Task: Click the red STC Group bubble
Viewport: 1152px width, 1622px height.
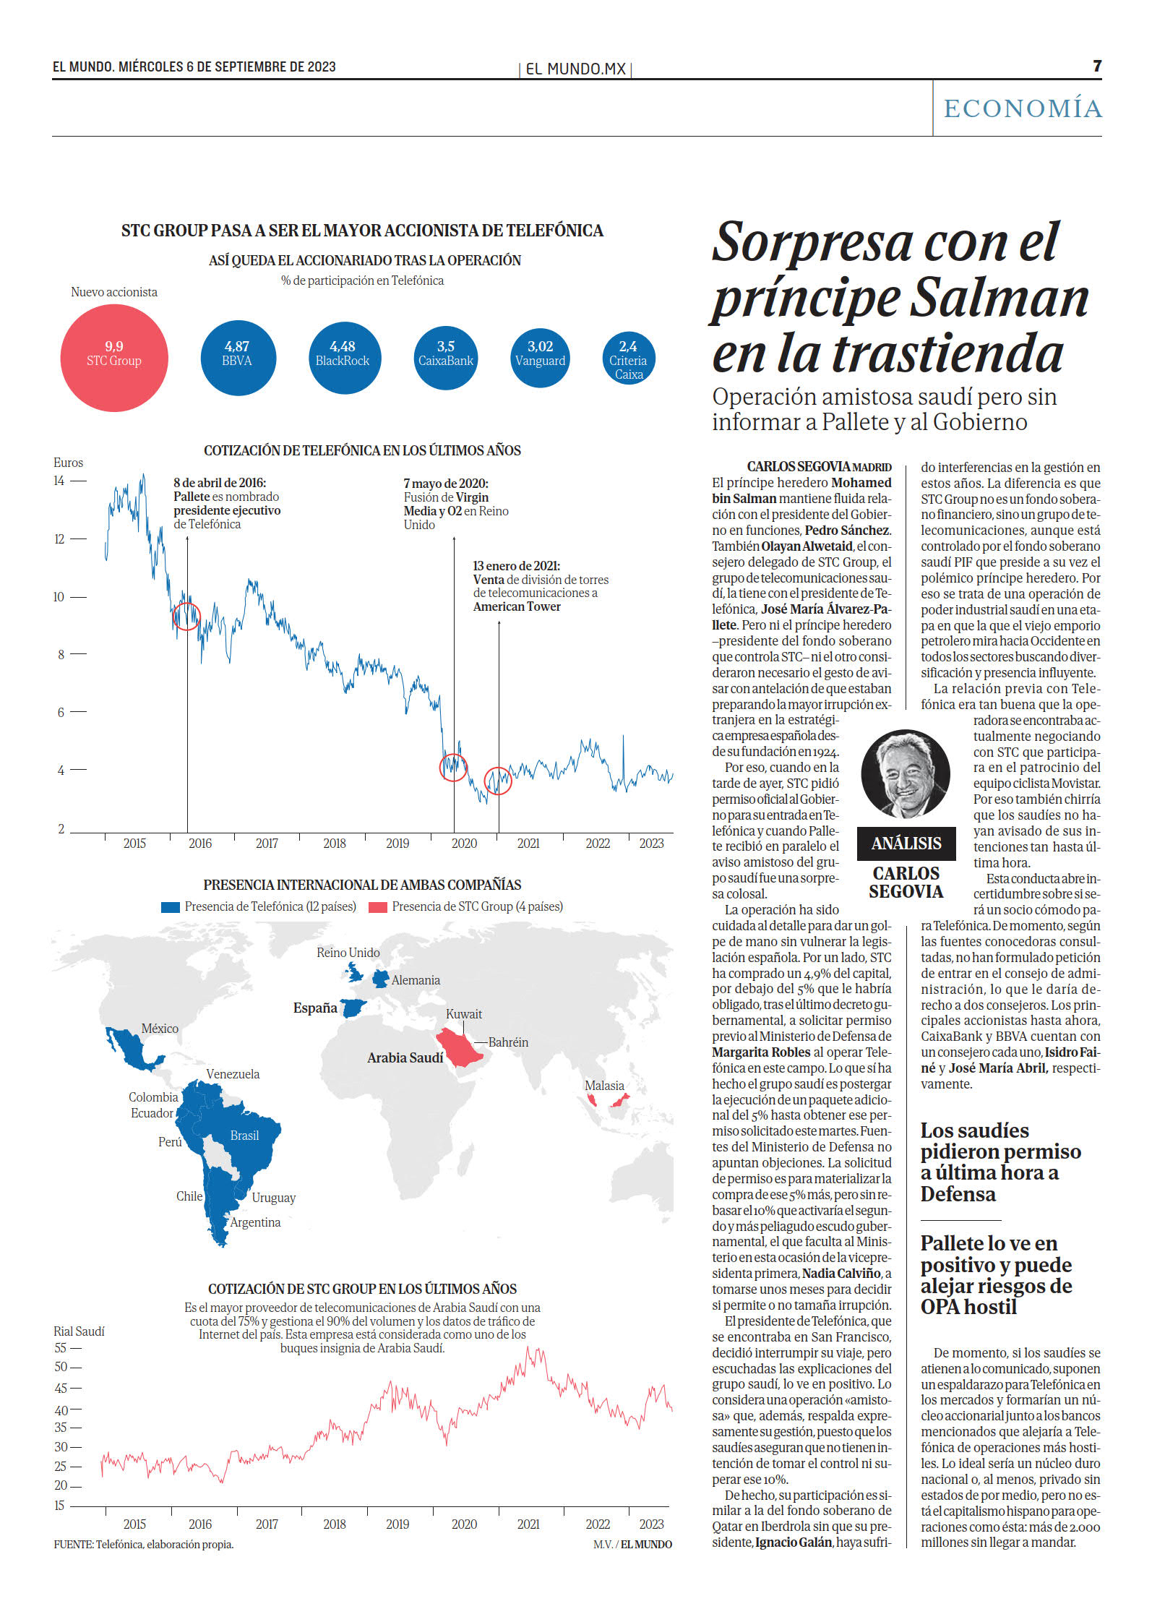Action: [114, 358]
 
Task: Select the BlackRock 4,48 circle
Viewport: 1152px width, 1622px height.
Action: [345, 358]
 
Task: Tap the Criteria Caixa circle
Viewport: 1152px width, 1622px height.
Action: [628, 358]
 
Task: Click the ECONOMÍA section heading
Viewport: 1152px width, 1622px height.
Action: [1023, 108]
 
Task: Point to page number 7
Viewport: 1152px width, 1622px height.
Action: [1097, 66]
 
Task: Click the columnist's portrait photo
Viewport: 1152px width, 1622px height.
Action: [906, 773]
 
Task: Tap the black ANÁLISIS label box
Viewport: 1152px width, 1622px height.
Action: [906, 844]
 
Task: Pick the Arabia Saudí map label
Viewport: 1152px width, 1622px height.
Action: [405, 1058]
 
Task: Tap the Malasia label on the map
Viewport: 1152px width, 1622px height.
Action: [604, 1086]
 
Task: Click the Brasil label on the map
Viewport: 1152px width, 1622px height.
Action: [244, 1136]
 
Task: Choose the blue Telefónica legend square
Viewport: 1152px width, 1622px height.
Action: [170, 907]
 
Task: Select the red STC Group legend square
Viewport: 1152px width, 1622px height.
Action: [378, 907]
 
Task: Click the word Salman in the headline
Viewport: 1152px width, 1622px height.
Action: [1000, 297]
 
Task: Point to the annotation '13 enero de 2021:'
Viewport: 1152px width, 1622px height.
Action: [517, 566]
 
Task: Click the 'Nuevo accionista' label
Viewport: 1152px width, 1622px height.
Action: [114, 292]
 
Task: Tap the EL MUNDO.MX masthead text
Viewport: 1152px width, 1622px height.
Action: [575, 69]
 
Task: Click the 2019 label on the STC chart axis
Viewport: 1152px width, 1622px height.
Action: [397, 1524]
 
